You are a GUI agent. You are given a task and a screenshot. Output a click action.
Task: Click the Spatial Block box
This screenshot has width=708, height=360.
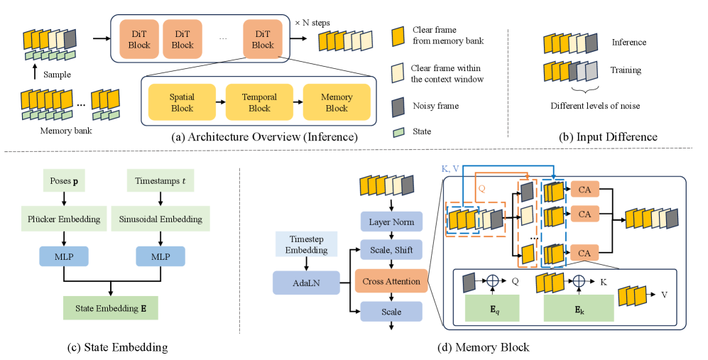coord(182,103)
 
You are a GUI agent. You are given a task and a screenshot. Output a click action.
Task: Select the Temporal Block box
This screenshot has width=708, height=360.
coord(260,103)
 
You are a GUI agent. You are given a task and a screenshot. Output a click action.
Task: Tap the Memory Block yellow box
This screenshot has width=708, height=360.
coord(337,103)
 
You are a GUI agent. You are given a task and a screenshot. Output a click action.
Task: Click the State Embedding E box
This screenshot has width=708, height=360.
coord(111,307)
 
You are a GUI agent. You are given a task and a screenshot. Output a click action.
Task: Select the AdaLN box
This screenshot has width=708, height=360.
coord(297,282)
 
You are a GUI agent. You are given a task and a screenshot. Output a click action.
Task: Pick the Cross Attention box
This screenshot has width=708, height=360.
coord(391,281)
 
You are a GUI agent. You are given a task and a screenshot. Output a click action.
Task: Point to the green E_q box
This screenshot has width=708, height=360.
coord(492,307)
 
